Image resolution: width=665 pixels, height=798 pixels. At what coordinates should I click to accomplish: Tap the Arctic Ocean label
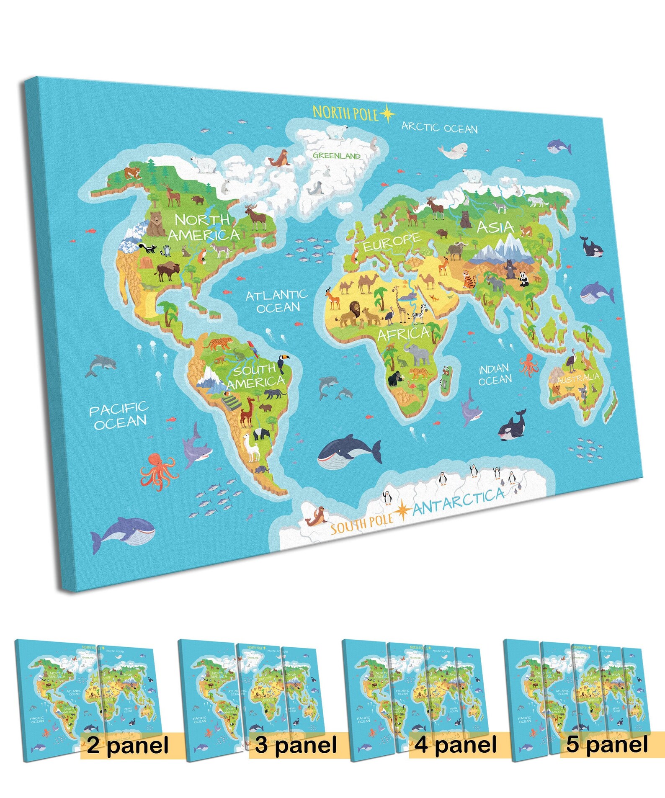coord(439,127)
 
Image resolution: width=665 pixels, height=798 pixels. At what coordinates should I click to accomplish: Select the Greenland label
coord(336,156)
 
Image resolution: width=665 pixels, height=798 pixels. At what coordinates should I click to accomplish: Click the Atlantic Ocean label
coord(277,301)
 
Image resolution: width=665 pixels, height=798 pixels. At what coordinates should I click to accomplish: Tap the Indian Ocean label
coord(495,374)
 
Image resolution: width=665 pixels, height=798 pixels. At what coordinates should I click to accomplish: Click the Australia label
coord(578,378)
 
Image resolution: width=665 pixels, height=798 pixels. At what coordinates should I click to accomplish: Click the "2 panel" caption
coord(128,745)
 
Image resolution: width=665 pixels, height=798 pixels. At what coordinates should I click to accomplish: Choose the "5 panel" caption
coord(607,744)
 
